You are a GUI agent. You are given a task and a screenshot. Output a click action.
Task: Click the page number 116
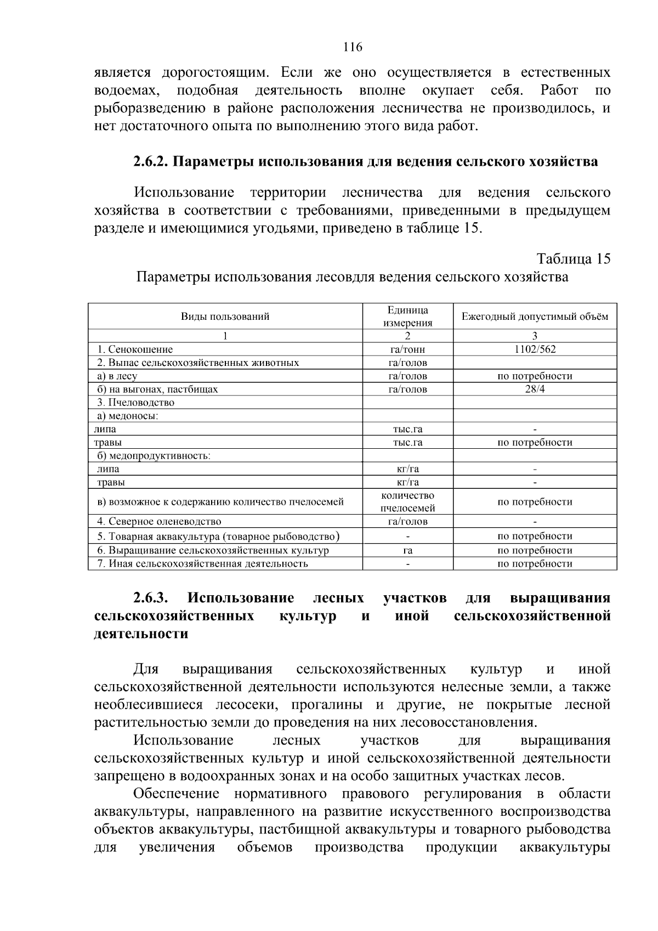(353, 47)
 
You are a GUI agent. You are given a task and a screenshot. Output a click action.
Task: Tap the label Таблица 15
(573, 259)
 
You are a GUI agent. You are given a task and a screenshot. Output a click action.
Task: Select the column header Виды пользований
(225, 317)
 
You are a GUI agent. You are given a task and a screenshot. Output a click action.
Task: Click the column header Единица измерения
(407, 317)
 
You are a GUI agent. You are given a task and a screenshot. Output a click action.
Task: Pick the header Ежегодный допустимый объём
(535, 317)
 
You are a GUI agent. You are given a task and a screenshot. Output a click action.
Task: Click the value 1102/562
(535, 349)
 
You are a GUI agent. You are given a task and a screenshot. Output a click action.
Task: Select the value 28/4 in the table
(535, 390)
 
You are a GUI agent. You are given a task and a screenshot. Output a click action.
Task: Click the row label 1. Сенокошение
(135, 349)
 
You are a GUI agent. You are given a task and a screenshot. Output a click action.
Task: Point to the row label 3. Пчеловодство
(135, 403)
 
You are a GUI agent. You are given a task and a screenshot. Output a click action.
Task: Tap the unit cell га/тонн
(407, 349)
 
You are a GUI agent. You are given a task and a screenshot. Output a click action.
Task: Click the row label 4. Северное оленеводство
(159, 522)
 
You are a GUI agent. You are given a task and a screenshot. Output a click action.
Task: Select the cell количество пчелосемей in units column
(407, 502)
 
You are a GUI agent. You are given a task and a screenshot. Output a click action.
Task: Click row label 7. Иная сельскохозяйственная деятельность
(202, 563)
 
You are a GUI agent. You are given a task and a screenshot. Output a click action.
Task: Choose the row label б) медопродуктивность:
(154, 456)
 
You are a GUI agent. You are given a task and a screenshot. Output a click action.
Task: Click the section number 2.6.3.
(152, 598)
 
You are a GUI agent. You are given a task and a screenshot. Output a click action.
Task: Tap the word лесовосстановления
(469, 723)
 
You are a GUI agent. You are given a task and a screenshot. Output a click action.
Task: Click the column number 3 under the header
(535, 336)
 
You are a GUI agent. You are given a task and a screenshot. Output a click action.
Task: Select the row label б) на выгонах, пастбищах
(157, 390)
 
